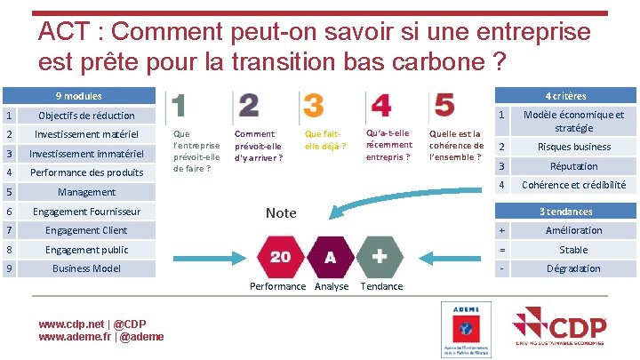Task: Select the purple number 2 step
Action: (248, 106)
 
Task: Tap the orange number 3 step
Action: (313, 106)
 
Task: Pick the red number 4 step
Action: (380, 106)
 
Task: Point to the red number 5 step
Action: (444, 106)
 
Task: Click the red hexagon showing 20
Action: (280, 257)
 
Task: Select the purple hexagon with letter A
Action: (330, 257)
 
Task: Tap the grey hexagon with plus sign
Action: (380, 257)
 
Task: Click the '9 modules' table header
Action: (79, 96)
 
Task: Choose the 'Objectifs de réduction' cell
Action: (86, 116)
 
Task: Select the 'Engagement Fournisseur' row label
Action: (86, 212)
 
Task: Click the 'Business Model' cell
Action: (86, 268)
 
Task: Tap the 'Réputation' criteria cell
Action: (573, 166)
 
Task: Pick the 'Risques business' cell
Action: (573, 147)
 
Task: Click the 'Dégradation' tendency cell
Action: (573, 268)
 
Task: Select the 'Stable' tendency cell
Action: (573, 250)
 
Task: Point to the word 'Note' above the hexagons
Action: (281, 212)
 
